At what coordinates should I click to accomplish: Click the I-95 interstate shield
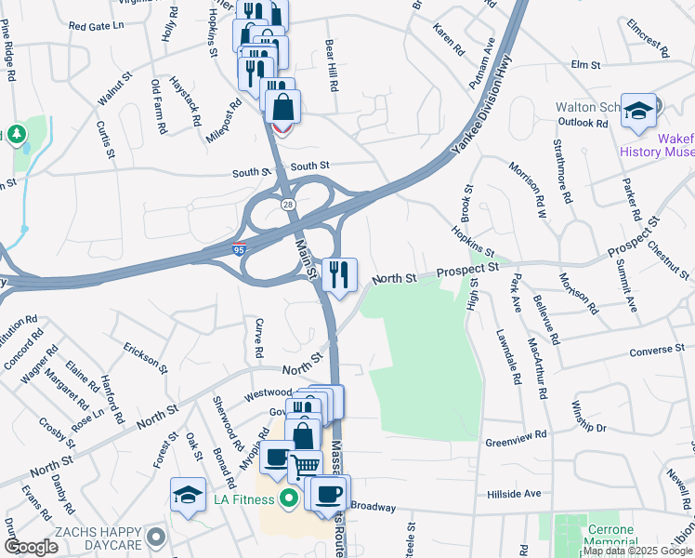point(239,249)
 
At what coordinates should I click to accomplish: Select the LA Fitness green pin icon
point(289,499)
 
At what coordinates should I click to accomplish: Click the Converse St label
point(656,350)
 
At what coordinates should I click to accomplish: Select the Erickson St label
point(144,357)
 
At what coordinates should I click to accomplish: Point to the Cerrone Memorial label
point(610,535)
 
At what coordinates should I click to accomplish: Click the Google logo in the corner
point(32,547)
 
